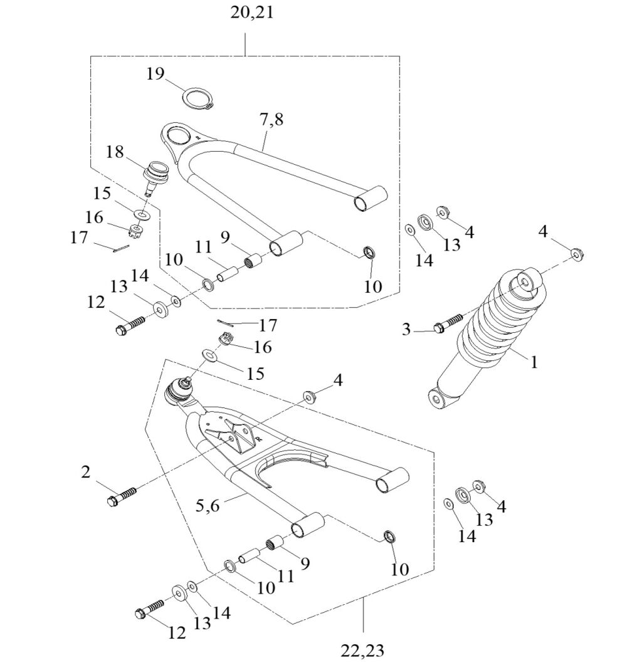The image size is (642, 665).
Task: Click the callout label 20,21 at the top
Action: pyautogui.click(x=251, y=12)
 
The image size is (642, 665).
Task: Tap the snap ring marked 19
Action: pyautogui.click(x=197, y=99)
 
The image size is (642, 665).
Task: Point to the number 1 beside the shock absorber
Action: pyautogui.click(x=534, y=362)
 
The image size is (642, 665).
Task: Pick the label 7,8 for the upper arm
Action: pyautogui.click(x=270, y=120)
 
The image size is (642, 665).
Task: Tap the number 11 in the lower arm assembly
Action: pyautogui.click(x=286, y=575)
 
